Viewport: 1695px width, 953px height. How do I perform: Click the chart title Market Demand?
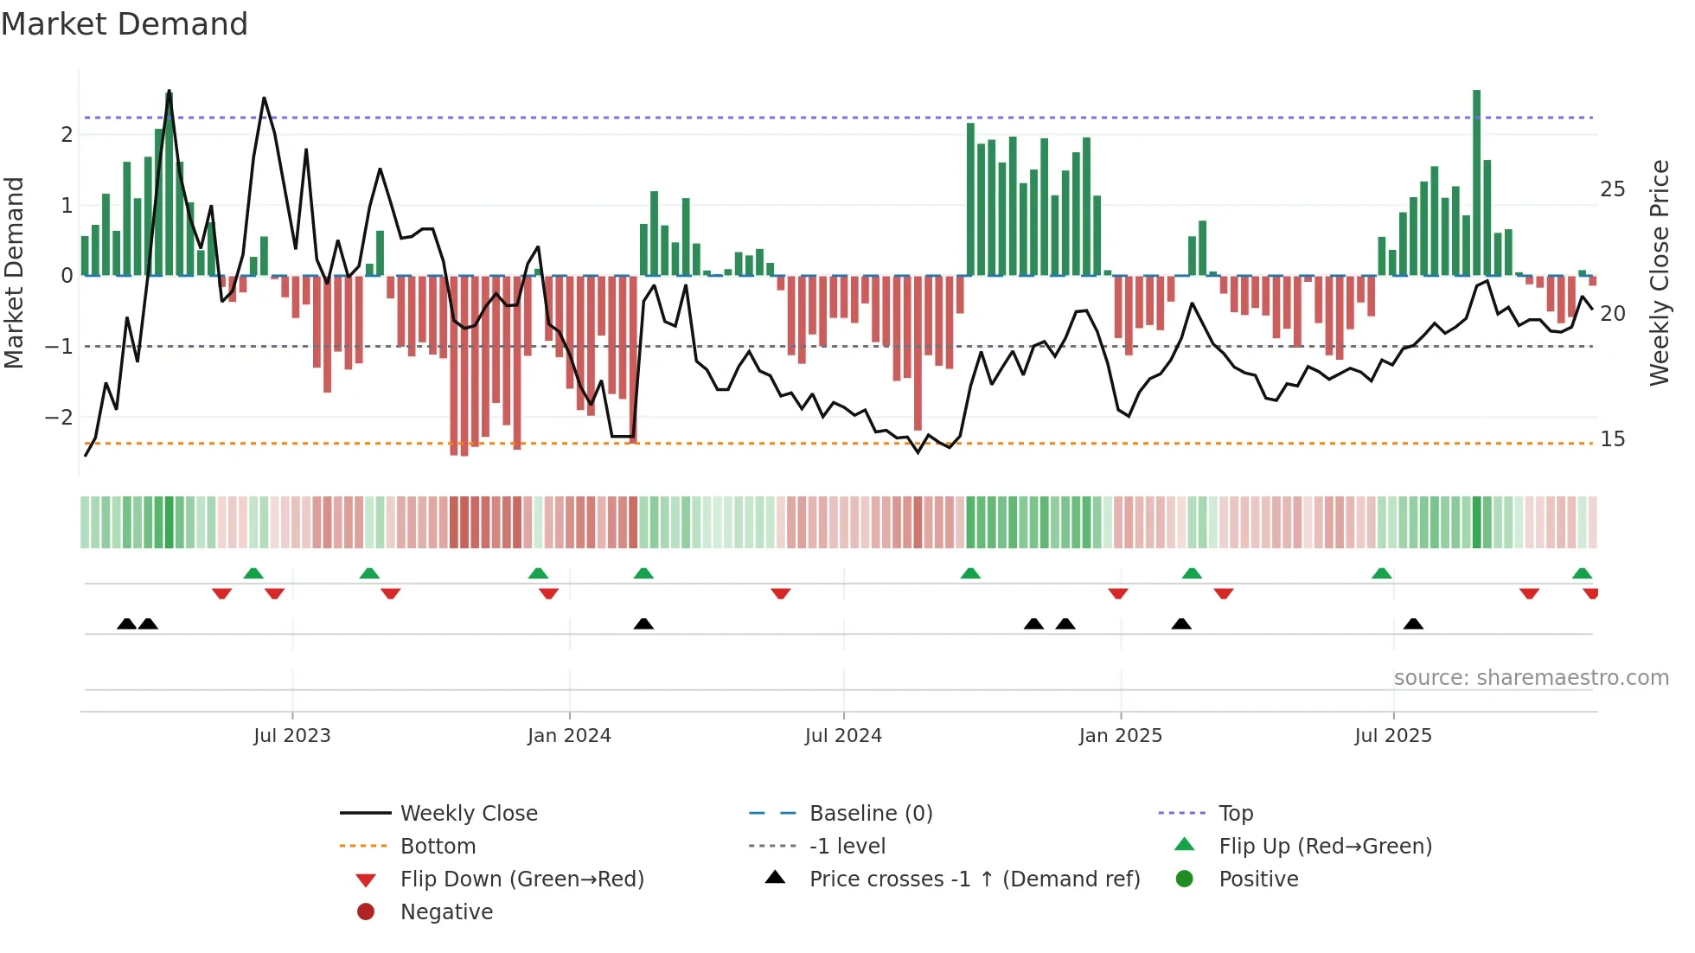(125, 24)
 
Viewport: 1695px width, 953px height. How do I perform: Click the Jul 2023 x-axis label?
(292, 736)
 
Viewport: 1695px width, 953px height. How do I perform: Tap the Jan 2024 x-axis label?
(569, 736)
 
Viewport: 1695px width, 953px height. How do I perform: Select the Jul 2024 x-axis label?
(843, 736)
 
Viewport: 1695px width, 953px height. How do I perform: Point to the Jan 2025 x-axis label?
(1121, 736)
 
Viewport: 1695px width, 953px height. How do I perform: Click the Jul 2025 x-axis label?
(1393, 736)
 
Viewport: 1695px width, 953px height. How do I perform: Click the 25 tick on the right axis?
(1612, 189)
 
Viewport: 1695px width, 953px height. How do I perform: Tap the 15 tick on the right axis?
(1612, 439)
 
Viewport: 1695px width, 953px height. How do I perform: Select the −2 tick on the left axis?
(60, 418)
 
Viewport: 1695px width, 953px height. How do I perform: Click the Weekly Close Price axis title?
(1659, 272)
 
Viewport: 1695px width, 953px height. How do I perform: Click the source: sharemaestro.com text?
(1531, 678)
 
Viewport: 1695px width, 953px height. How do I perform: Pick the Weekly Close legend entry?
(469, 814)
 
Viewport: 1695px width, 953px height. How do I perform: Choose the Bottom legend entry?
(438, 847)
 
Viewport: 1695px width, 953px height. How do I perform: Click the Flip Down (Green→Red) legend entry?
(521, 879)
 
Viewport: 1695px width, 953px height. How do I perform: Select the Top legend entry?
(1236, 814)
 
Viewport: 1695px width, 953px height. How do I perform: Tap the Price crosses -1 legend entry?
(975, 879)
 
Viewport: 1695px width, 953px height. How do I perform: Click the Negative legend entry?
(446, 912)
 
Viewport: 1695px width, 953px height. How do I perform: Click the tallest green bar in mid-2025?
(1477, 182)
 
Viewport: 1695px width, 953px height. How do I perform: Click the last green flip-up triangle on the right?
(1582, 573)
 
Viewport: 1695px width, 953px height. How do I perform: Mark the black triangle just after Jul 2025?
(1413, 624)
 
